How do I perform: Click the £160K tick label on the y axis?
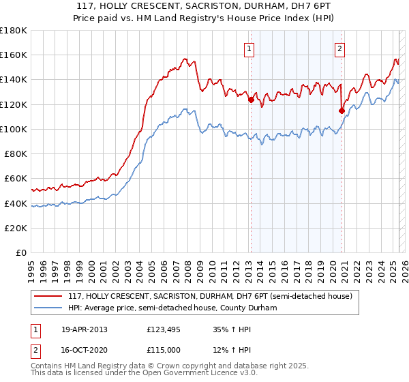[14, 55]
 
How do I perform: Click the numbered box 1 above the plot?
[249, 48]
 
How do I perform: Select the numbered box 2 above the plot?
[339, 48]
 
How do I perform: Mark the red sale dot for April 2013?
[251, 100]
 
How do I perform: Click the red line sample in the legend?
[48, 297]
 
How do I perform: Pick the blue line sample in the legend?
[48, 308]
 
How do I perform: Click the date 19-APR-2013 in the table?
[85, 329]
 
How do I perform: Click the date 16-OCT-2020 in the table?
[85, 350]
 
